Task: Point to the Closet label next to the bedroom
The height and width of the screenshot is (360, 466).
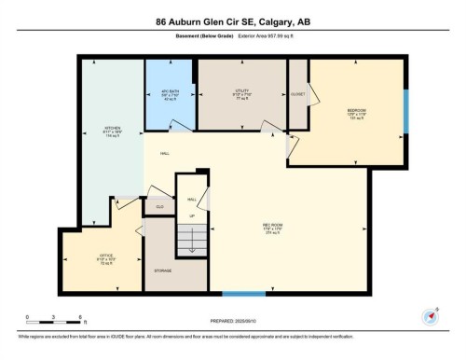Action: pos(297,93)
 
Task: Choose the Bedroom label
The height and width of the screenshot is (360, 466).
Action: pos(356,112)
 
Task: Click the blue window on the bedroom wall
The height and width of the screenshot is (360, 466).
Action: pos(405,112)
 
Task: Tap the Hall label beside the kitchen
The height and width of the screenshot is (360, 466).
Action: pos(165,153)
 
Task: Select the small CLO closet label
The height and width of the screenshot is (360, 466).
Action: pos(159,206)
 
